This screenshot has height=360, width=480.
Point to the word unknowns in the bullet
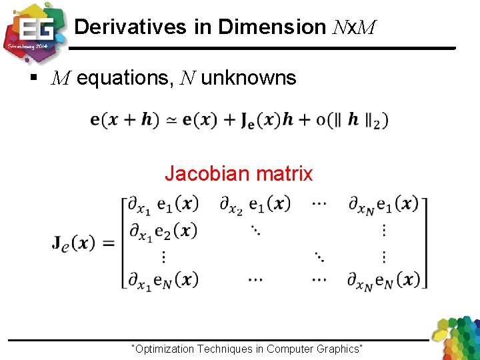click(x=248, y=79)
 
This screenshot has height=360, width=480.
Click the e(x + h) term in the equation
click(x=125, y=120)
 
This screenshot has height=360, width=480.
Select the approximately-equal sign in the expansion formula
click(x=171, y=121)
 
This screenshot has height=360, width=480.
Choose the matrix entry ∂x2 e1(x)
click(x=255, y=205)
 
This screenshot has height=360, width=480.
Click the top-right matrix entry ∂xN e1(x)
click(x=383, y=205)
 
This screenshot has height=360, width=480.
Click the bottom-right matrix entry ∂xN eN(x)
click(x=383, y=280)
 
